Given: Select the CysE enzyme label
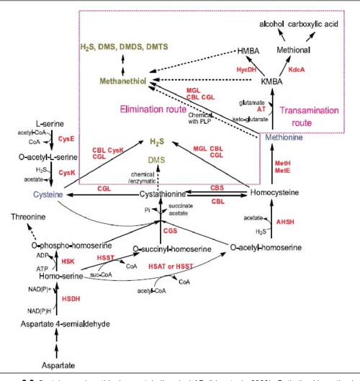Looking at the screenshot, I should click(67, 139).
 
